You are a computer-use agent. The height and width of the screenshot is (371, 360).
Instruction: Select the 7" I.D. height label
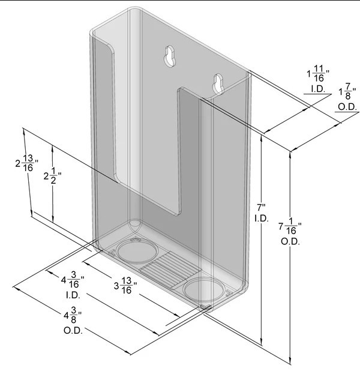click(262, 213)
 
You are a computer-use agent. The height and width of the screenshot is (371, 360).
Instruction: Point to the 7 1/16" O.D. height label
click(290, 231)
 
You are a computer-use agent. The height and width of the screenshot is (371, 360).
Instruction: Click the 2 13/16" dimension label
click(27, 163)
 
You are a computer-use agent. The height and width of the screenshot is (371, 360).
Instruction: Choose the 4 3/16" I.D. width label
click(73, 285)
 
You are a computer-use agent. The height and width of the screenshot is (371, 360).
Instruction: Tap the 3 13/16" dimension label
click(125, 286)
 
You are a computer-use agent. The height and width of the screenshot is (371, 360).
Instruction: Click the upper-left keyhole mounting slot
click(170, 56)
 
